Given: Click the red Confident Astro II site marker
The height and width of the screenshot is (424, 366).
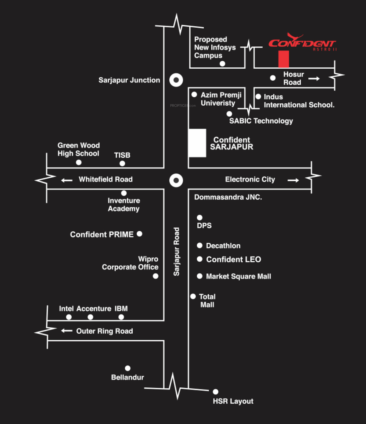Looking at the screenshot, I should pos(283,59).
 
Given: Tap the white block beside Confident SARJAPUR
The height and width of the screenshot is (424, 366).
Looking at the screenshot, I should pos(197,143).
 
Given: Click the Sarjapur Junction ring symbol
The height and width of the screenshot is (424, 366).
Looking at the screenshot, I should pos(176,80).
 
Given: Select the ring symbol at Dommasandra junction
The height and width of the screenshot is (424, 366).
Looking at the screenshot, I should pos(176,180).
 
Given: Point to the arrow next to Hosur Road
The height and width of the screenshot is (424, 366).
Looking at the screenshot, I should pos(314,79).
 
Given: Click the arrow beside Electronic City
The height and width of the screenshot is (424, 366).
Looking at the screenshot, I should pos(293,180).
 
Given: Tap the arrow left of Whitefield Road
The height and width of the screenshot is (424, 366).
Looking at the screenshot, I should pos(67,180).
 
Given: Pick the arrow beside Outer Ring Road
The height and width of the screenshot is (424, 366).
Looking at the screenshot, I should pos(67,331).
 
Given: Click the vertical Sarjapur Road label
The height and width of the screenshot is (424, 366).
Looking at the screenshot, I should pos(176,252).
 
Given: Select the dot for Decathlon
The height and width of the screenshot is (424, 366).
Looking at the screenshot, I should pos(200,245).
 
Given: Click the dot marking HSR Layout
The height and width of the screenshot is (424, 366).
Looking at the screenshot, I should pos(216,392).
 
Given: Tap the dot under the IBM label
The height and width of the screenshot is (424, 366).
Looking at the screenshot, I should pos(121,317).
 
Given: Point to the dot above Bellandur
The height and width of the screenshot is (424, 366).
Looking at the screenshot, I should pos(128,368).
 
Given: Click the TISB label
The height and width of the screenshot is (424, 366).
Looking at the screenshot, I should pos(122,155).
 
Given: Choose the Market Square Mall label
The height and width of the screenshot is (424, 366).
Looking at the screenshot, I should pos(239,276).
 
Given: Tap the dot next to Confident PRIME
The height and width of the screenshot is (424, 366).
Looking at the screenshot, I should pos(140,234).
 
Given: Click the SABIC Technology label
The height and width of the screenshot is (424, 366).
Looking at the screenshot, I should pos(261,121).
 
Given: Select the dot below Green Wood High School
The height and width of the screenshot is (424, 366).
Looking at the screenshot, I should pos(79,162).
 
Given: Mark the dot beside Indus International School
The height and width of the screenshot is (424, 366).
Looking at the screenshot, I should pos(258,97).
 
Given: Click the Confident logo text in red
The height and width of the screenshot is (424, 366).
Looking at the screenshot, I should pos(302,43).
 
